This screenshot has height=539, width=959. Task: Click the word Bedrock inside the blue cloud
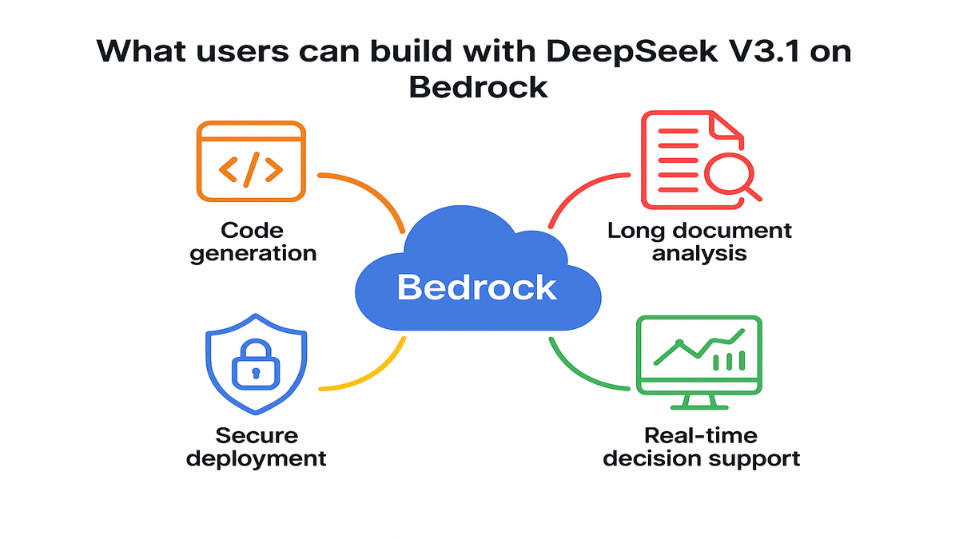point(476,287)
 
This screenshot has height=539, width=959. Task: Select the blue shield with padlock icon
point(255,367)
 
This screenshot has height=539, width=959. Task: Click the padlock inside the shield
point(255,368)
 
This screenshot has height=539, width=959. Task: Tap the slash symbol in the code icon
point(251,168)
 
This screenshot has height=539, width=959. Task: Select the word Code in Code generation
point(252,232)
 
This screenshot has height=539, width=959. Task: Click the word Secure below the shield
point(257,436)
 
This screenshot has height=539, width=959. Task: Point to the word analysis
point(699,254)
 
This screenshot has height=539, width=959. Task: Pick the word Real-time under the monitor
point(701,436)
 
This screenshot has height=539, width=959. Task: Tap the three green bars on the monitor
point(728,361)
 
